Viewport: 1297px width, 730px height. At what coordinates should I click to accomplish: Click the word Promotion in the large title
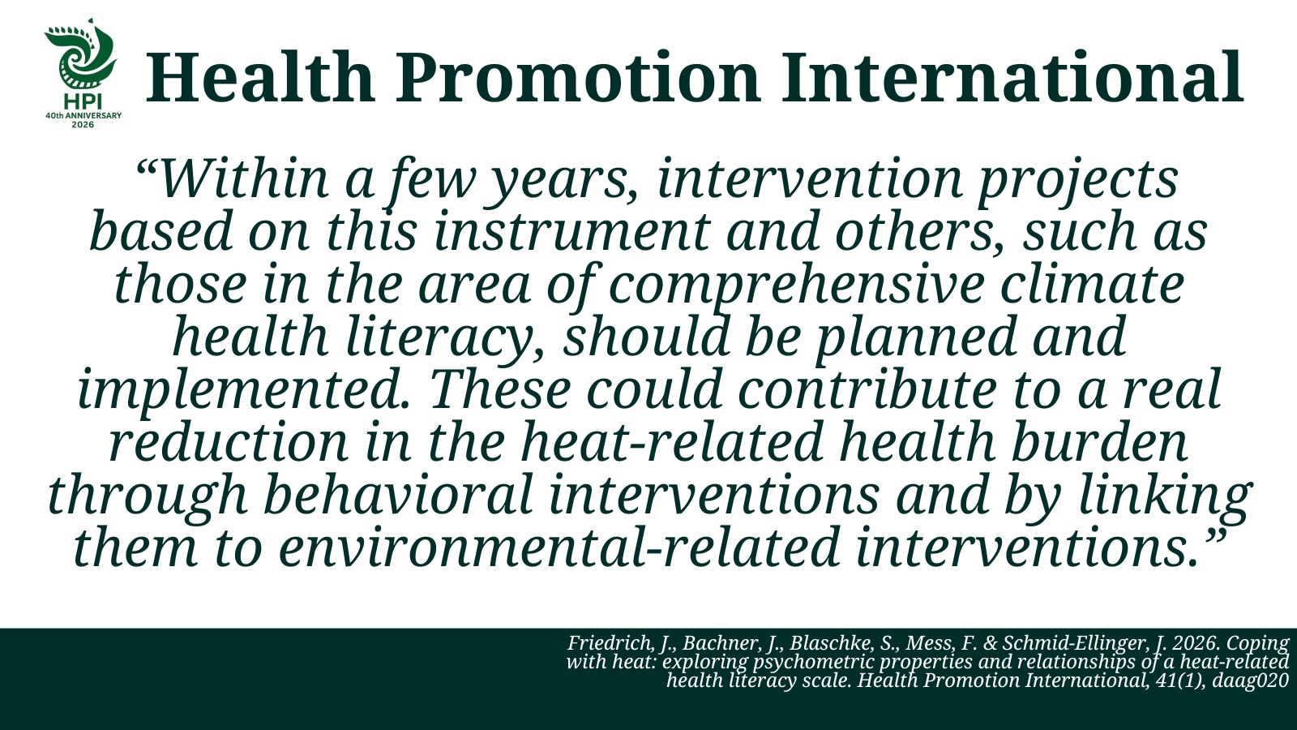pyautogui.click(x=577, y=78)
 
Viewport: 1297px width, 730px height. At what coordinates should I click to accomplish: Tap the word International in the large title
pyautogui.click(x=1012, y=78)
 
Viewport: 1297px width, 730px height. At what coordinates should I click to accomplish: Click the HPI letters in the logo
pyautogui.click(x=83, y=102)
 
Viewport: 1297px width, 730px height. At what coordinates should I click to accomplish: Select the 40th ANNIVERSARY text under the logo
pyautogui.click(x=83, y=115)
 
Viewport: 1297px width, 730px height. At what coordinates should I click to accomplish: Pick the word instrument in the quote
pyautogui.click(x=572, y=231)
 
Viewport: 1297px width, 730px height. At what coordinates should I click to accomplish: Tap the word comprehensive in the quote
pyautogui.click(x=796, y=284)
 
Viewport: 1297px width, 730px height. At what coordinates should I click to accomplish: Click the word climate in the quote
pyautogui.click(x=1092, y=284)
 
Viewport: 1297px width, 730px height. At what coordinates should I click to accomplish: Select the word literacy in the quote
pyautogui.click(x=439, y=337)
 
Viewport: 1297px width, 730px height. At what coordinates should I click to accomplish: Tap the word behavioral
pyautogui.click(x=399, y=496)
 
